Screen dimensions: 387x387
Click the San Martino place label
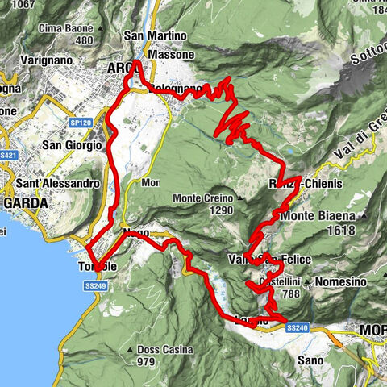click(x=156, y=36)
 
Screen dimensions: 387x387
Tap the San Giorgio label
click(x=73, y=145)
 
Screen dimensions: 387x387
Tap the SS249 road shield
click(x=95, y=286)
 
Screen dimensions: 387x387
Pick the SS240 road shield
click(x=298, y=327)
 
